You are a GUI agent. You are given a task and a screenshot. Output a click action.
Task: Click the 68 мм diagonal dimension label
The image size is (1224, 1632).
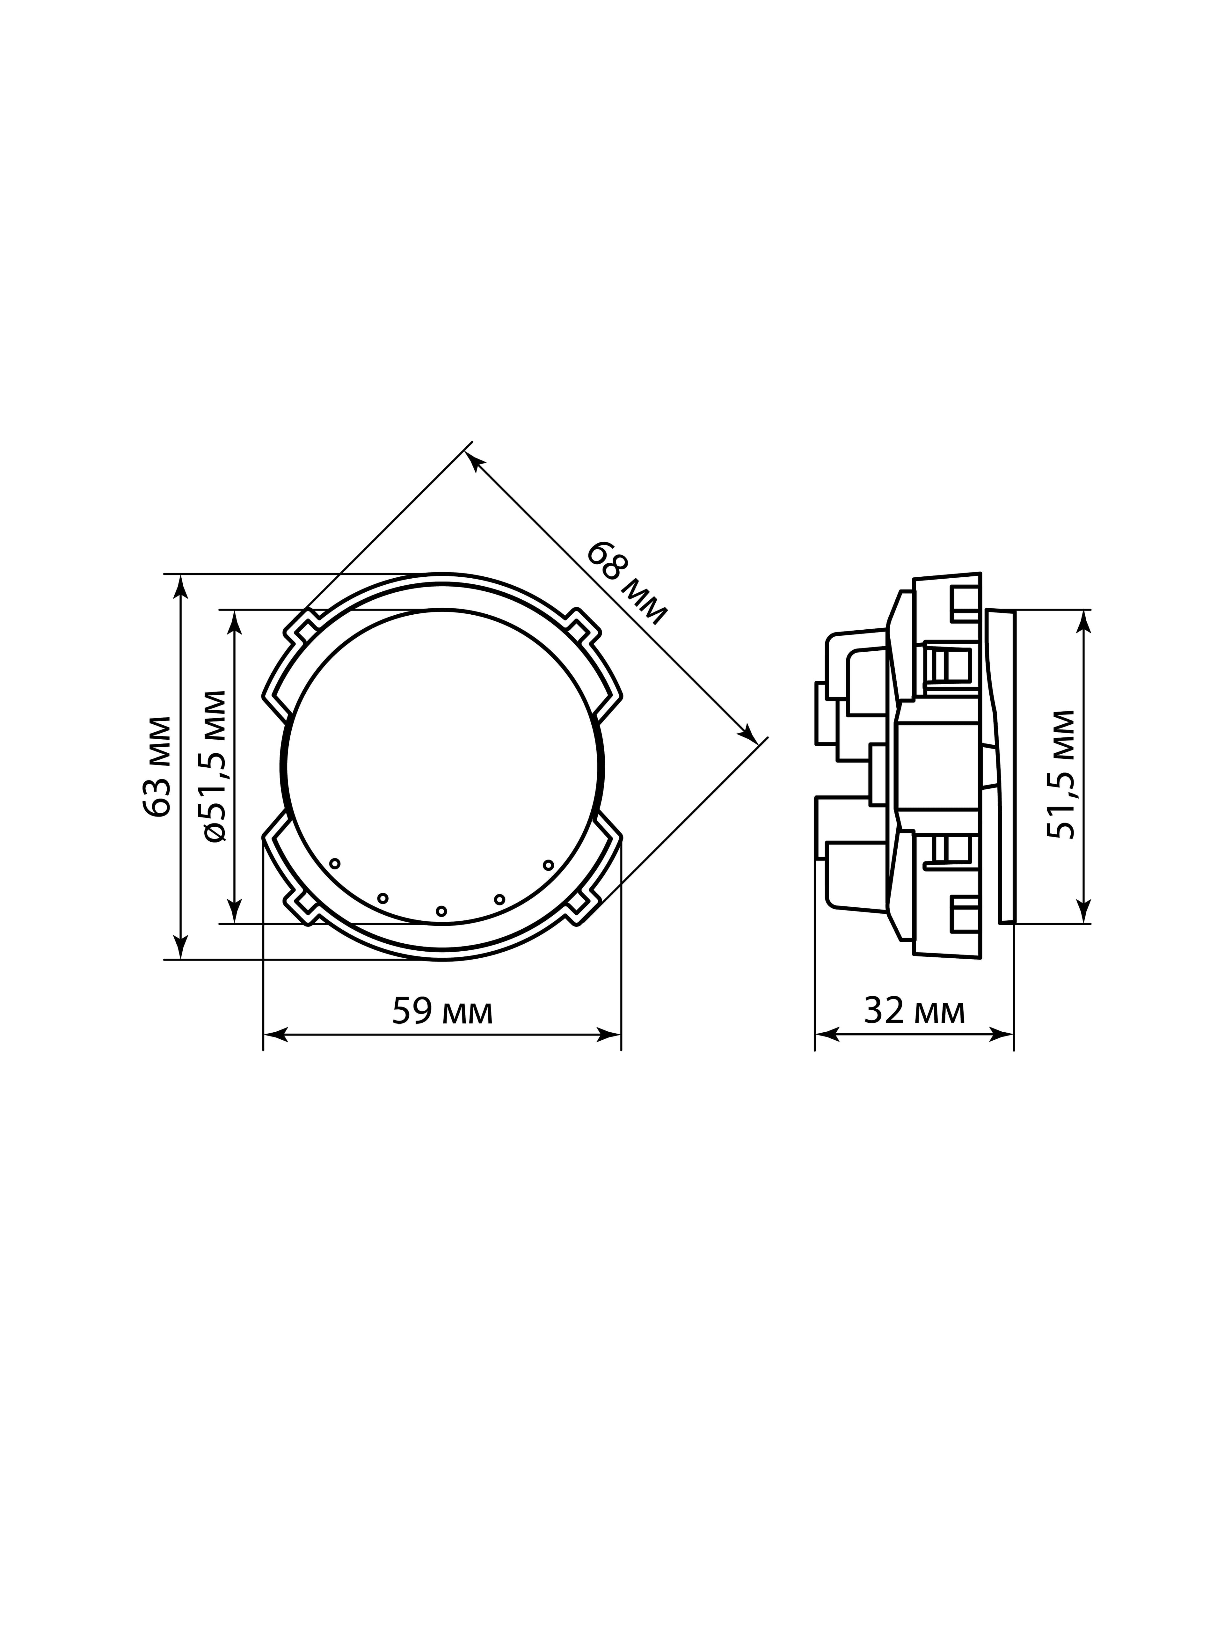(x=626, y=583)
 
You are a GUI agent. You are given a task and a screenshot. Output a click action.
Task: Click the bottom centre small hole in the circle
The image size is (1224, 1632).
(x=441, y=911)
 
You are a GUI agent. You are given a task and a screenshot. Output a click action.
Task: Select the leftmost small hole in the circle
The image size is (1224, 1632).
(x=335, y=863)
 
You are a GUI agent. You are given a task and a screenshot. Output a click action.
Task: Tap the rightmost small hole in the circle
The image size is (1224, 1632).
(x=548, y=865)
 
